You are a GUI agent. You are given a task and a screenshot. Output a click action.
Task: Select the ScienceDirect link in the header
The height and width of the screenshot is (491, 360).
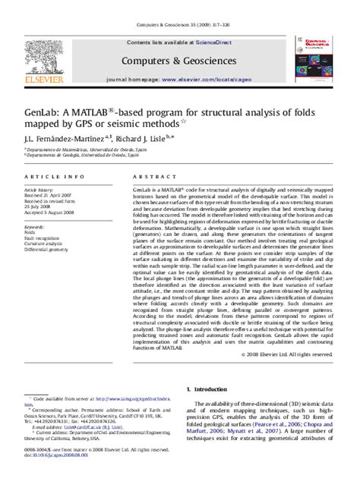pos(213,42)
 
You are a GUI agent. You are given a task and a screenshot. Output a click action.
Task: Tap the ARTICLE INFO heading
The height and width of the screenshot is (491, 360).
pos(44,175)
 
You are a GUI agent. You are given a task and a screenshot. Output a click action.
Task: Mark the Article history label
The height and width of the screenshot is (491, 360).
pos(38,187)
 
